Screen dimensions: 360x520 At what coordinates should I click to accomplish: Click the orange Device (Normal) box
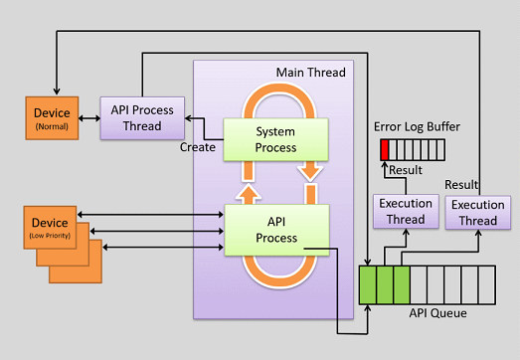(x=51, y=117)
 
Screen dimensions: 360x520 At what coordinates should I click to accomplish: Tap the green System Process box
(x=274, y=139)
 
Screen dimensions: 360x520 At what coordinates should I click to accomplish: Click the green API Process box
(x=275, y=228)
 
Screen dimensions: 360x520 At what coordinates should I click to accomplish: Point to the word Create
(x=199, y=147)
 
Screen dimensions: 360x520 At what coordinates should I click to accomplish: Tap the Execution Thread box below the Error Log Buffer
(x=406, y=210)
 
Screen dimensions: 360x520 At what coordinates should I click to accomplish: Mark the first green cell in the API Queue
(x=368, y=284)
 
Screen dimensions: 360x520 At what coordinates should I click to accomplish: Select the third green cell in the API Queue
(x=402, y=284)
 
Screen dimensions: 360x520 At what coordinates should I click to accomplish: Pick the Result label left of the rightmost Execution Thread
(x=461, y=185)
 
